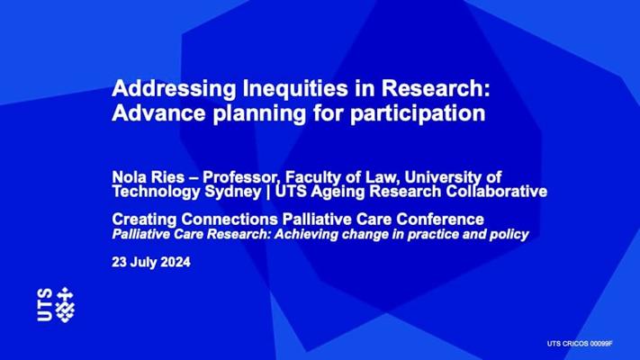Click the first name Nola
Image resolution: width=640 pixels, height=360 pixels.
click(127, 178)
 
